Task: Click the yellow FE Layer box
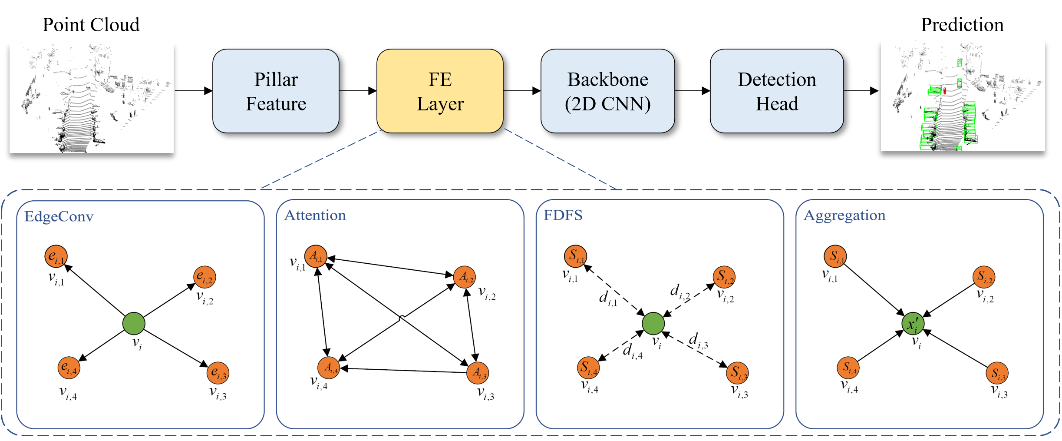coord(440,91)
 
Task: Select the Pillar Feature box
coord(276,91)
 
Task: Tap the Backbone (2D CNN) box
coord(607,91)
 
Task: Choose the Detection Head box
coord(777,91)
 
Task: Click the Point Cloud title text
coord(91,25)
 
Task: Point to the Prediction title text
coord(962,25)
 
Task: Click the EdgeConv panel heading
coord(59,216)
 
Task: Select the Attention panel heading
coord(315,215)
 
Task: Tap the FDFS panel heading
coord(563,215)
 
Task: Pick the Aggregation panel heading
coord(844,216)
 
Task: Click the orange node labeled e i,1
coord(56,256)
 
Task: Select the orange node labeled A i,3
coord(478,373)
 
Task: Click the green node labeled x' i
coord(913,323)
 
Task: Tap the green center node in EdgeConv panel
coord(134,323)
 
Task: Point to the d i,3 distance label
coord(698,341)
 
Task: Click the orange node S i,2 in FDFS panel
coord(724,277)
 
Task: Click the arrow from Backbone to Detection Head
coord(693,91)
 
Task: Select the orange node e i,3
coord(218,373)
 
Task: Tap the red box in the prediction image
coord(944,91)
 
